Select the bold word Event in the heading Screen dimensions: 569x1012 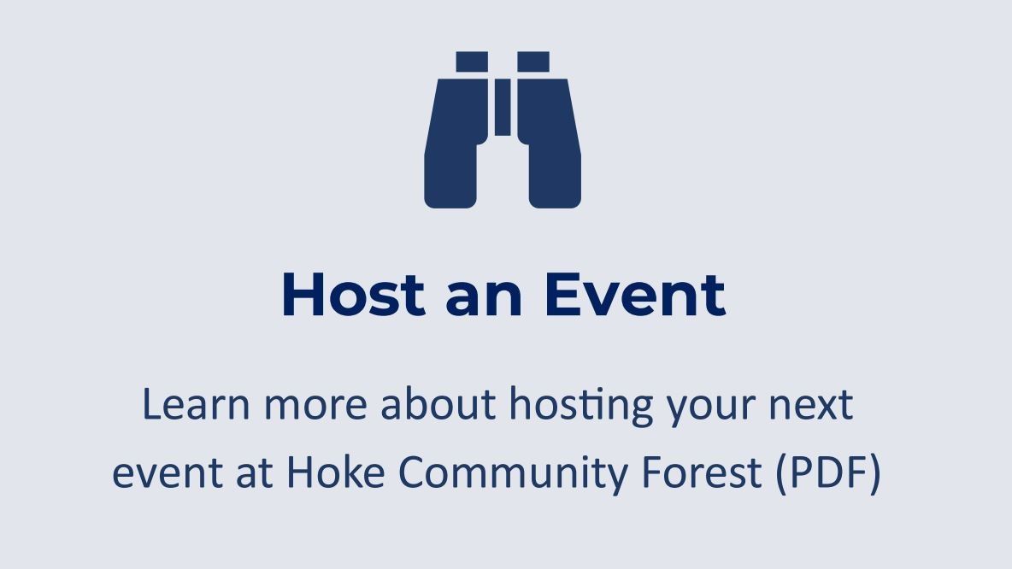tap(634, 295)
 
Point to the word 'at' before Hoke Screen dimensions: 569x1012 tap(249, 473)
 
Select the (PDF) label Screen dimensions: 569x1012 tap(828, 472)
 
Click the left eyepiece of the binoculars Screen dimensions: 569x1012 tap(472, 62)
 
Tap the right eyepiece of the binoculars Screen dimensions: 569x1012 tap(533, 62)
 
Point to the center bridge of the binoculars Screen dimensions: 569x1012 tap(503, 107)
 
